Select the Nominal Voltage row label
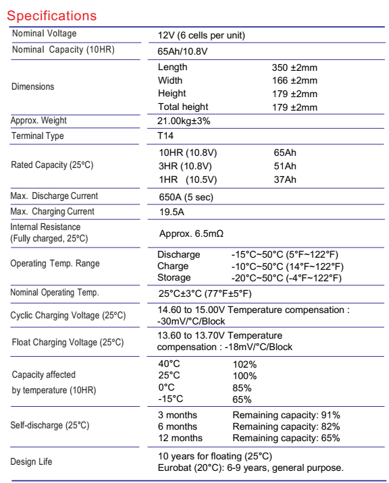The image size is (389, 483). click(x=43, y=34)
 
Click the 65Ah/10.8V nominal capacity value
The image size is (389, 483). click(x=184, y=51)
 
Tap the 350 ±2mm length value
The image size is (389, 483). click(x=294, y=67)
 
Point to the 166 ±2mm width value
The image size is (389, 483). click(x=294, y=80)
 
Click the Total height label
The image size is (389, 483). click(x=183, y=107)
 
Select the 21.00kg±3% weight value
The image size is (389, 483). click(x=188, y=121)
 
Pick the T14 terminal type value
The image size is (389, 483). click(x=165, y=136)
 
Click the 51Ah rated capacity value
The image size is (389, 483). click(x=284, y=166)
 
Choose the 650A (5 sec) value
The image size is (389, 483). click(x=188, y=196)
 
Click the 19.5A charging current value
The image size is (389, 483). click(x=170, y=212)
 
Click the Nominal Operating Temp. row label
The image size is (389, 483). click(x=55, y=293)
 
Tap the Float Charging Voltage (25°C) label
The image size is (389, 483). click(x=68, y=343)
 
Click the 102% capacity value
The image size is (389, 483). click(x=244, y=364)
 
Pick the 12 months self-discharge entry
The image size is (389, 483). click(x=180, y=438)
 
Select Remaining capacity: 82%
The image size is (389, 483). click(x=286, y=426)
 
